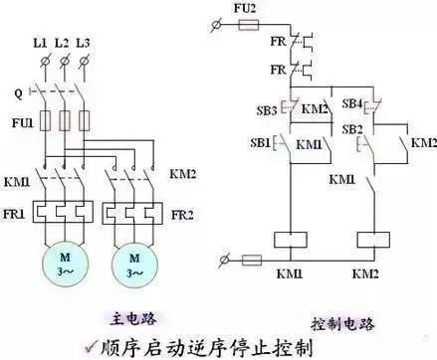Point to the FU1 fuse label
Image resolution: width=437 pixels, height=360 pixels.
pyautogui.click(x=19, y=122)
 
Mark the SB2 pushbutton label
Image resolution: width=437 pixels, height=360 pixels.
pyautogui.click(x=350, y=129)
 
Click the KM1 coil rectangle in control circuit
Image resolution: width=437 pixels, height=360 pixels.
pyautogui.click(x=289, y=239)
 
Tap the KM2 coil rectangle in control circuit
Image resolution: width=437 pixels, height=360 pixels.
pyautogui.click(x=372, y=239)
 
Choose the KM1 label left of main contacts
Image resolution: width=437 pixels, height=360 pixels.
pyautogui.click(x=17, y=183)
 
